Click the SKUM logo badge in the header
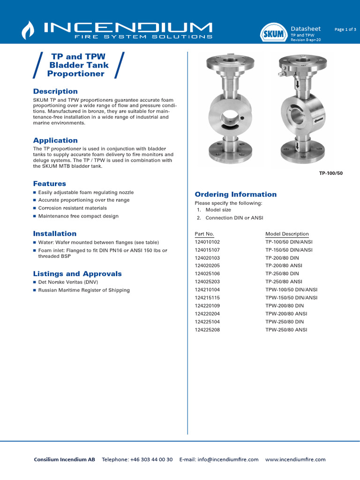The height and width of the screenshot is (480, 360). tap(273, 33)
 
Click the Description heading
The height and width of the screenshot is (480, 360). tap(55, 91)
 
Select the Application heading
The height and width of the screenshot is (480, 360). tap(55, 141)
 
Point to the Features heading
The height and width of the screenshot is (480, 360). tap(49, 184)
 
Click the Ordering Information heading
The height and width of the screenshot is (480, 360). tap(235, 195)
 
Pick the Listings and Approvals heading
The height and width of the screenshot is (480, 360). tap(77, 274)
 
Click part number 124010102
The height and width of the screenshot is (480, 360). tap(207, 242)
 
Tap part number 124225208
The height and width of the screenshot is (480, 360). tap(207, 330)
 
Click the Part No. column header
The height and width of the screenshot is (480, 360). tap(204, 234)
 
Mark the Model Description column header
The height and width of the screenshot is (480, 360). tap(287, 234)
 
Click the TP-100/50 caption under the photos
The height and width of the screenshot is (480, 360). tap(331, 173)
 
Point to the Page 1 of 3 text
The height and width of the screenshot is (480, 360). tap(345, 29)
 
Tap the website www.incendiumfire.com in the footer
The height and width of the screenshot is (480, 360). tap(295, 459)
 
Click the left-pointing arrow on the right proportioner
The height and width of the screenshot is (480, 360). tap(318, 120)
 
